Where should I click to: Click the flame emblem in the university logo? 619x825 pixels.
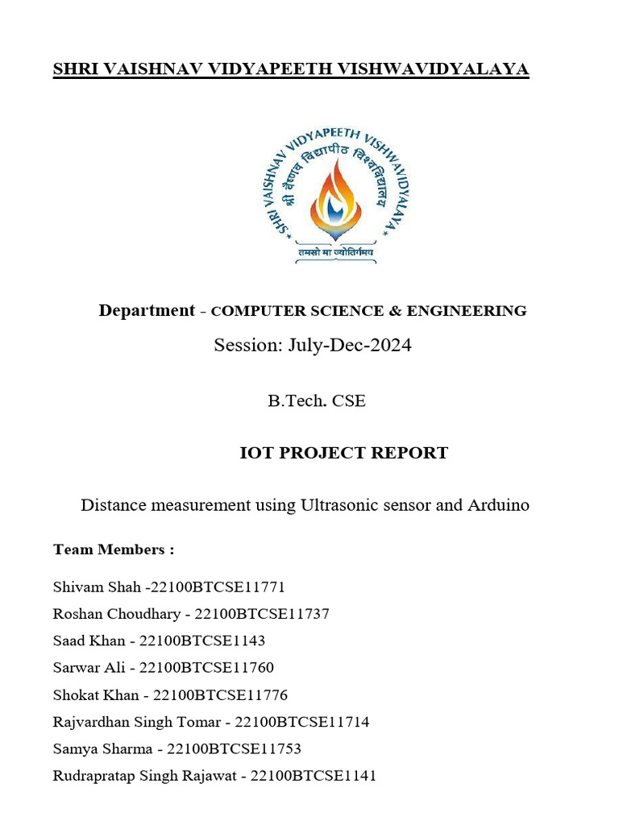click(336, 197)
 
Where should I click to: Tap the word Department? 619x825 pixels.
click(147, 310)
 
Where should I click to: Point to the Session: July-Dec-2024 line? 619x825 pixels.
click(313, 346)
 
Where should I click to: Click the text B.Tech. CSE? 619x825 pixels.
click(317, 400)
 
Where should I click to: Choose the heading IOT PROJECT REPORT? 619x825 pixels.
click(343, 453)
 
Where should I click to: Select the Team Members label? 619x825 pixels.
click(114, 549)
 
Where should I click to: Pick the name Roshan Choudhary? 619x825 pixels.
click(117, 614)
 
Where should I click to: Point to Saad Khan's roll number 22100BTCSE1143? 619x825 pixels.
click(202, 641)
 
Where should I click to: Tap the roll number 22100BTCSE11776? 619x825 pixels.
click(220, 694)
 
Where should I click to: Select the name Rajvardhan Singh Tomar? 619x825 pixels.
click(135, 722)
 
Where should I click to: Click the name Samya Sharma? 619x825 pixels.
click(102, 748)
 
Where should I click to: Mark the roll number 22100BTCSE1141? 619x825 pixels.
click(314, 776)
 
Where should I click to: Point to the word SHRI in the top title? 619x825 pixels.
click(72, 70)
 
